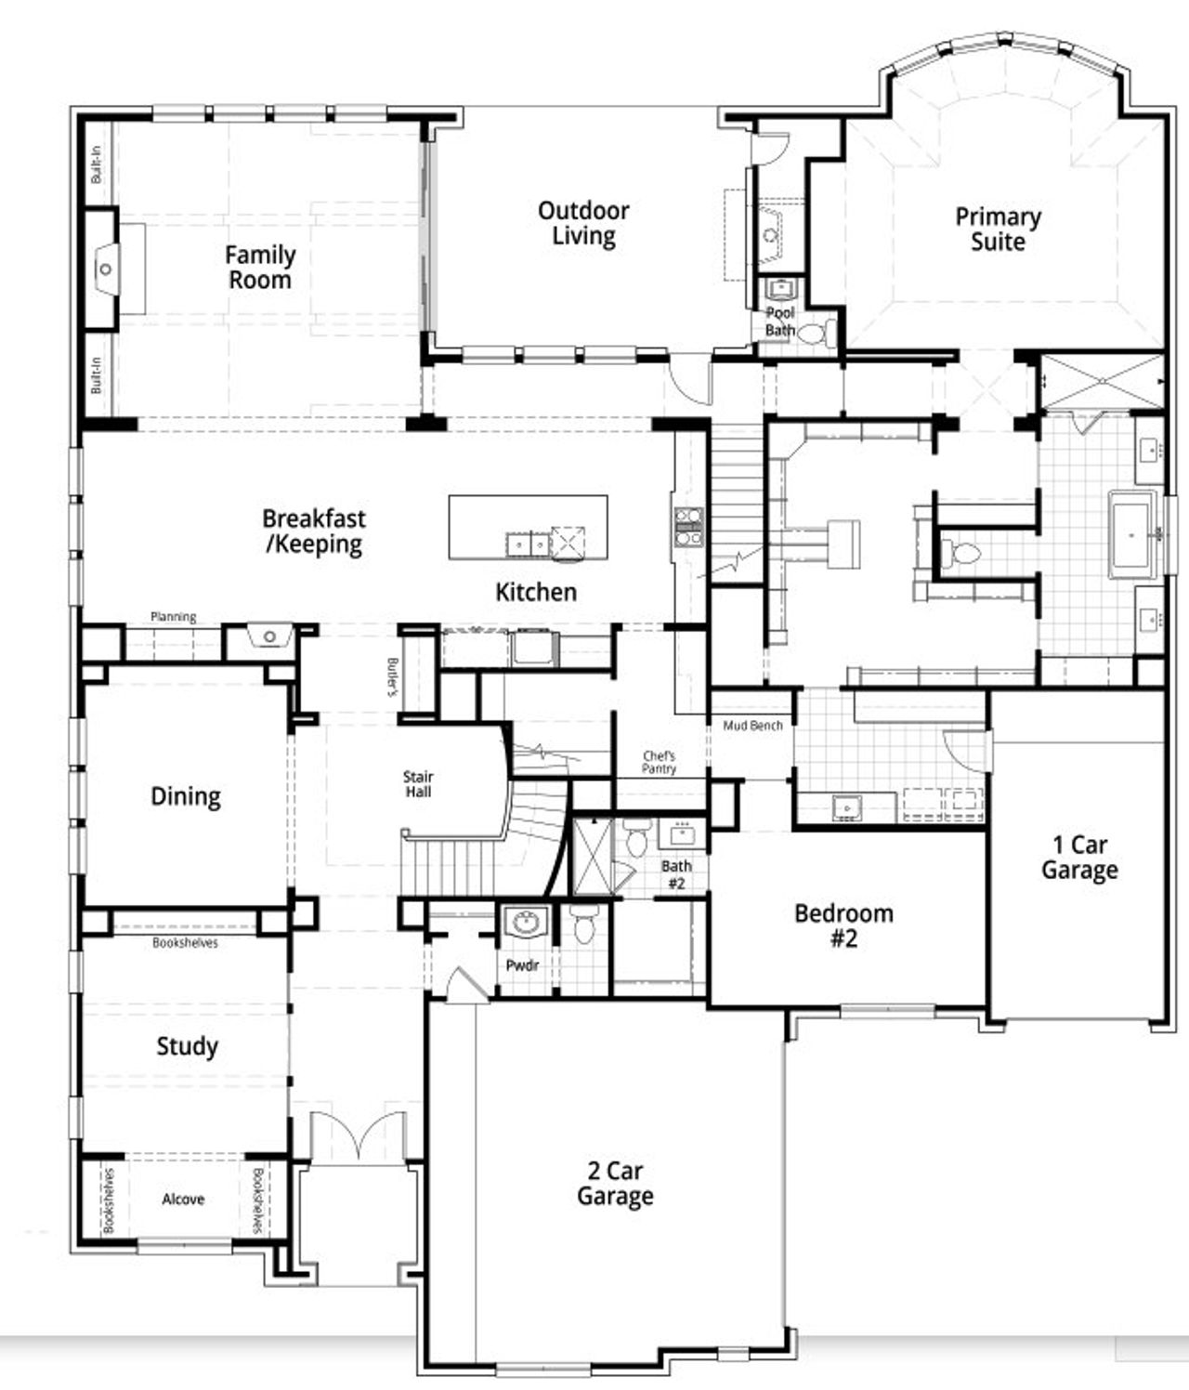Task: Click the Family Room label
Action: click(x=260, y=267)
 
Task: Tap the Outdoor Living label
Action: click(x=583, y=223)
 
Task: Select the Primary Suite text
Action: click(x=998, y=229)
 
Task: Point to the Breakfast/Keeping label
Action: click(x=314, y=531)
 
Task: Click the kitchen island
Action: click(x=528, y=527)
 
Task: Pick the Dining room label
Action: click(x=186, y=796)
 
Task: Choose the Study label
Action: click(x=187, y=1046)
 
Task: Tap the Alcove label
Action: click(x=183, y=1200)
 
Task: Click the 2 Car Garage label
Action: click(x=615, y=1184)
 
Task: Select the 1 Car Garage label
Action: click(x=1079, y=857)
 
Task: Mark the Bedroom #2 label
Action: click(x=843, y=925)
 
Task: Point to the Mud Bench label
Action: click(x=752, y=725)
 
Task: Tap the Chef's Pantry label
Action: click(x=659, y=762)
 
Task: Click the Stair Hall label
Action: click(x=418, y=783)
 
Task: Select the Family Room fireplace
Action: click(x=106, y=269)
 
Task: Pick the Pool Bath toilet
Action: click(x=814, y=333)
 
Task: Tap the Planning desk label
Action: click(x=174, y=616)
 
